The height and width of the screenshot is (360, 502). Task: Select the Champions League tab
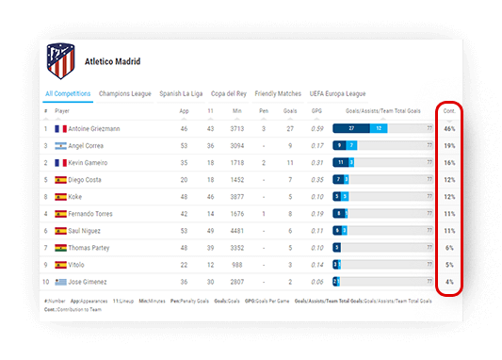pyautogui.click(x=126, y=93)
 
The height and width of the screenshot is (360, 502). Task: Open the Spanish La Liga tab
pyautogui.click(x=181, y=93)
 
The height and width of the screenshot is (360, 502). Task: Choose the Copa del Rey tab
pyautogui.click(x=229, y=93)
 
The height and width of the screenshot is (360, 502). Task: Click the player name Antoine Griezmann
pyautogui.click(x=94, y=128)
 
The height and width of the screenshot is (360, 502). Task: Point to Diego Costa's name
pyautogui.click(x=87, y=179)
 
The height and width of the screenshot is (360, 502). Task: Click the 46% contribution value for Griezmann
pyautogui.click(x=449, y=128)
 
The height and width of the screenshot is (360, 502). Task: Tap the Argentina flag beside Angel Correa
pyautogui.click(x=60, y=146)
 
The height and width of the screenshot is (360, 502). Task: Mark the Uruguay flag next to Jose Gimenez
pyautogui.click(x=60, y=282)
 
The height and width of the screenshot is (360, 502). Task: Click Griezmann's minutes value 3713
pyautogui.click(x=237, y=128)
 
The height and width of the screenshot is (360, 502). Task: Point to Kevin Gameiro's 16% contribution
pyautogui.click(x=449, y=163)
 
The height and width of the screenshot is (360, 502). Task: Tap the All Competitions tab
pyautogui.click(x=68, y=93)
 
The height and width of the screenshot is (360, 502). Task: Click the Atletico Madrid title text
pyautogui.click(x=112, y=62)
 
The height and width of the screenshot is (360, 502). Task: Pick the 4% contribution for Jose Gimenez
pyautogui.click(x=449, y=282)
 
